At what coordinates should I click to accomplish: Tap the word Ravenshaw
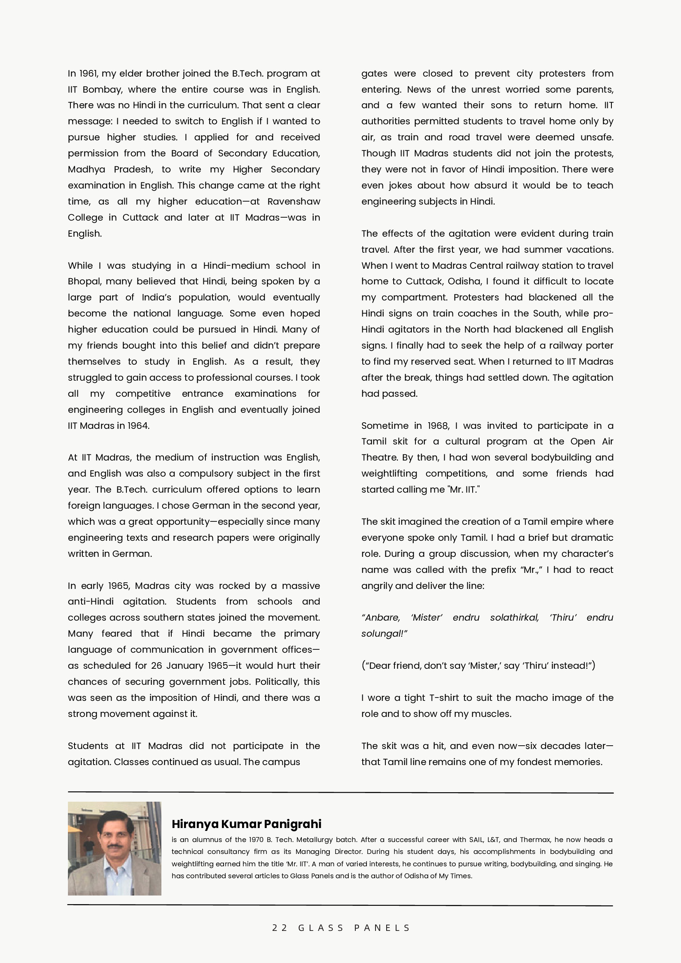[293, 202]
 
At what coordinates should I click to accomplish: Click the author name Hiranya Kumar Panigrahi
[246, 824]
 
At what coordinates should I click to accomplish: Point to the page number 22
[279, 928]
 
